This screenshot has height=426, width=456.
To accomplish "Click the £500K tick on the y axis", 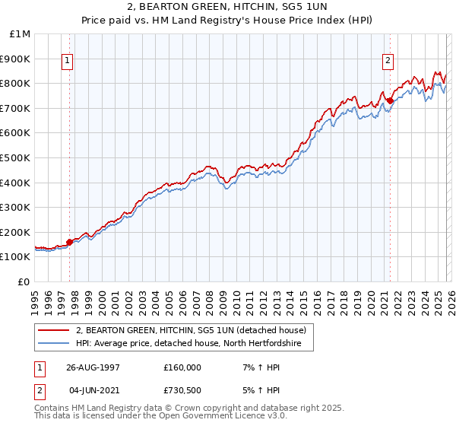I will (x=15, y=157).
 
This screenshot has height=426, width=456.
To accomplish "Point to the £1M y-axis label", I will (x=21, y=33).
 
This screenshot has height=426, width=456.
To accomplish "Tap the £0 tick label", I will (x=25, y=281).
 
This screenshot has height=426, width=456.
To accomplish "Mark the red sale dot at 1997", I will (x=70, y=242).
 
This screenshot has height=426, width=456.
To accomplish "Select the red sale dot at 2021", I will (x=390, y=100).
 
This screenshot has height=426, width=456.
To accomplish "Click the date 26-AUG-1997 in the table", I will (x=93, y=367).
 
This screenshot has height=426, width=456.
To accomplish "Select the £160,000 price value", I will (x=182, y=367).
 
